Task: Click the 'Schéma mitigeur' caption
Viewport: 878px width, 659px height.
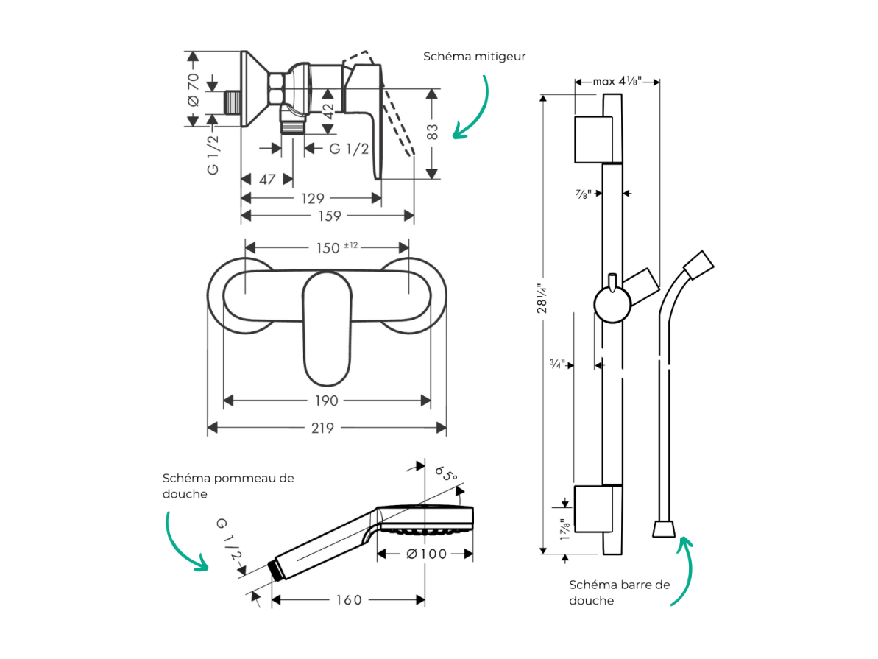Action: click(x=474, y=57)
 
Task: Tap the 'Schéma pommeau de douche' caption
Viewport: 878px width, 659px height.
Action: click(x=228, y=486)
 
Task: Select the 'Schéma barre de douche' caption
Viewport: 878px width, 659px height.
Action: click(x=619, y=592)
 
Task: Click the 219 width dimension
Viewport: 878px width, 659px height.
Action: click(x=322, y=428)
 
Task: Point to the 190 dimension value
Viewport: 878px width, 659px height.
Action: click(x=327, y=401)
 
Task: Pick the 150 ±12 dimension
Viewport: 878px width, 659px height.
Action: click(x=336, y=247)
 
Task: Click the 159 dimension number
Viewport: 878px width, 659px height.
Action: click(x=329, y=216)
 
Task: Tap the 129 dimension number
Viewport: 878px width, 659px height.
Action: click(x=313, y=198)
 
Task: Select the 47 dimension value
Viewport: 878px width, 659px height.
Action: click(x=267, y=180)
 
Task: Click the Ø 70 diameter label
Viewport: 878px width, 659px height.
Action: click(x=193, y=89)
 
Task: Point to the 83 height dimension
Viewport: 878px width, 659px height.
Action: click(x=432, y=133)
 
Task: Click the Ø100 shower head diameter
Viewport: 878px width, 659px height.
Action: click(x=427, y=554)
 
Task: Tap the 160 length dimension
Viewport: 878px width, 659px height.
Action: click(x=349, y=600)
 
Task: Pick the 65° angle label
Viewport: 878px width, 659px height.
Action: click(x=446, y=474)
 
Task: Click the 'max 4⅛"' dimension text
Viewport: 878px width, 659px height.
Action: click(x=617, y=81)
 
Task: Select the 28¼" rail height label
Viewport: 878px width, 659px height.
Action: click(x=542, y=298)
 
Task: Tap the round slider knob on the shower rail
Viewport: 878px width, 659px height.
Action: click(x=612, y=304)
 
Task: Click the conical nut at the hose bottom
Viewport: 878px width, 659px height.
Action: click(x=664, y=529)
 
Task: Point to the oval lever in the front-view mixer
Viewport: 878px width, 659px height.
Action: click(x=327, y=329)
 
